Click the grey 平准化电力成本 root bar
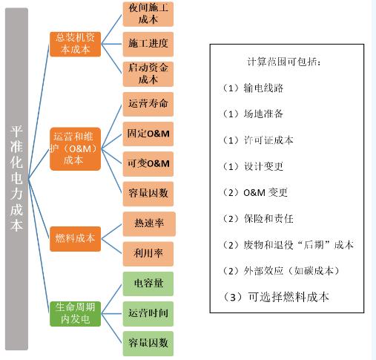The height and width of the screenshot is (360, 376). click(x=16, y=179)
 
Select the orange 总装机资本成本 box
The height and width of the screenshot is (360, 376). click(x=75, y=44)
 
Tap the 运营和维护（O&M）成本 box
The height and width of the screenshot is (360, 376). click(x=75, y=148)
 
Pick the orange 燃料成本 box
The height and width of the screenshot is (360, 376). click(x=75, y=239)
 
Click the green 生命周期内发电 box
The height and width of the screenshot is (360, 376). click(x=75, y=314)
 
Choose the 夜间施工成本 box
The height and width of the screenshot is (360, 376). click(x=148, y=14)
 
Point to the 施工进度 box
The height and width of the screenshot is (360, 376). click(x=148, y=44)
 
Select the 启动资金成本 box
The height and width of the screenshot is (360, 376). click(x=148, y=74)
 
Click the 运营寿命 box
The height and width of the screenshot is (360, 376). click(x=148, y=104)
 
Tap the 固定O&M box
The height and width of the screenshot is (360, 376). click(x=148, y=134)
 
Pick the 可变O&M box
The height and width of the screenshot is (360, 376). click(x=148, y=164)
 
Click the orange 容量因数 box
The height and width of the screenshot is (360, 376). click(x=148, y=194)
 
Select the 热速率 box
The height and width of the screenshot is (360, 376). click(x=149, y=223)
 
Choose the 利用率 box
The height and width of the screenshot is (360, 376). click(x=148, y=254)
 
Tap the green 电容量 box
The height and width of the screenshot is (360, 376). click(x=148, y=284)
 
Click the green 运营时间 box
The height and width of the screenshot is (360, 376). click(x=148, y=314)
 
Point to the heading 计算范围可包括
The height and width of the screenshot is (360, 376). click(x=284, y=62)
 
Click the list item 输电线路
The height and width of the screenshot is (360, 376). click(x=263, y=88)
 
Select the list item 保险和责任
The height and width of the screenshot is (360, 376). click(x=268, y=219)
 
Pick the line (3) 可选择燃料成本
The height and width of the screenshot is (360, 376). click(x=275, y=297)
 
